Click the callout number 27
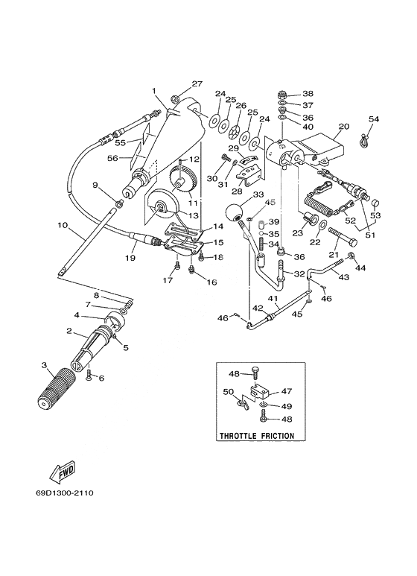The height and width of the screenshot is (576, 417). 197,83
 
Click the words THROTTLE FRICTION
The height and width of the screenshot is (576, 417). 257,436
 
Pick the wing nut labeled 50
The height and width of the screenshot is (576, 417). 243,403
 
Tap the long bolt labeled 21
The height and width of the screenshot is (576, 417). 343,237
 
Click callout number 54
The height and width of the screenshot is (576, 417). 374,119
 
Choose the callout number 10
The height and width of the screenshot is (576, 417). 63,225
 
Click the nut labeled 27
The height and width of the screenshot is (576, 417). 175,98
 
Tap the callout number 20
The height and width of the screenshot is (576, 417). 343,127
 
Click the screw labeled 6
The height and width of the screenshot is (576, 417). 89,375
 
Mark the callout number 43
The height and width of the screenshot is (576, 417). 343,277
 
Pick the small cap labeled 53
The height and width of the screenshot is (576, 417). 376,203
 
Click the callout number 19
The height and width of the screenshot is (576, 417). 130,258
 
